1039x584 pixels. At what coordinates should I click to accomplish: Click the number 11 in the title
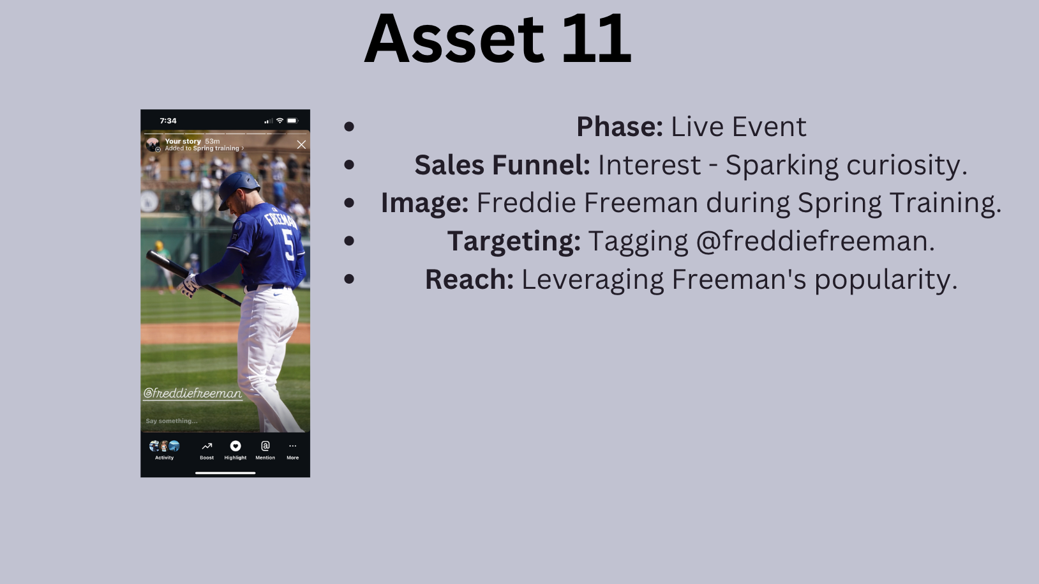tap(597, 38)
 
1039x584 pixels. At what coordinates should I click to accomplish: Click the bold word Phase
tap(620, 127)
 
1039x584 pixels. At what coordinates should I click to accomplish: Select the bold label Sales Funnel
tap(502, 165)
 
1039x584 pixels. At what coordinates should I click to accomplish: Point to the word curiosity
tap(907, 165)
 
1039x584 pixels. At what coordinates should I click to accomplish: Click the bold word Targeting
tap(514, 242)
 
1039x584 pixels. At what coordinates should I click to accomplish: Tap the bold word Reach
tap(470, 279)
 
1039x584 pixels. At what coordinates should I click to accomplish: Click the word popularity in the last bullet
tap(885, 280)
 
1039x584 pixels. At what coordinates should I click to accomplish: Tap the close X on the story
tap(301, 145)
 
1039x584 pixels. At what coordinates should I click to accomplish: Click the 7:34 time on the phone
tap(168, 121)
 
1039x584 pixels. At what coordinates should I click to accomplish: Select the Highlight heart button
tap(235, 446)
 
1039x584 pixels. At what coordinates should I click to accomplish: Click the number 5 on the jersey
tap(288, 245)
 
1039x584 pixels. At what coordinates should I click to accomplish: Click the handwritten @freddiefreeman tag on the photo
tap(193, 394)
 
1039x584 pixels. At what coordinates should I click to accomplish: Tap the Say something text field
tap(172, 421)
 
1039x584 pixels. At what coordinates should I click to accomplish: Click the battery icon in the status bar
tap(292, 121)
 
